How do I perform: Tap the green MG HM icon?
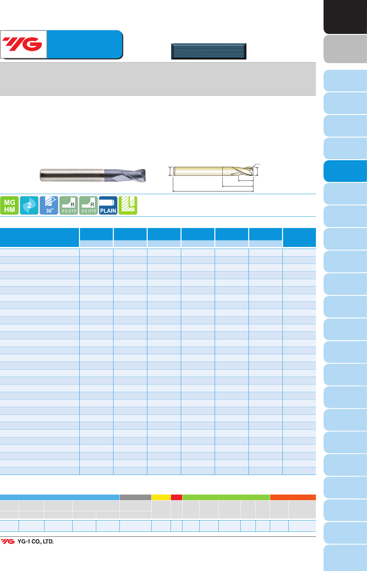coord(10,205)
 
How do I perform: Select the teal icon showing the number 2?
coord(29,205)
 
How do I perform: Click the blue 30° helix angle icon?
coord(49,205)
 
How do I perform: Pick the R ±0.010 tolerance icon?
coord(69,205)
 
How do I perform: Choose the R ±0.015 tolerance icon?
coord(88,205)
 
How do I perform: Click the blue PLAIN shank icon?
coord(108,205)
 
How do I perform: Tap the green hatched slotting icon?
coord(128,205)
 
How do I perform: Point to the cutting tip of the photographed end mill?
coord(145,175)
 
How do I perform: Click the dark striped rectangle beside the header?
coord(209,51)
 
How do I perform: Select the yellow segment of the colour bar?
coord(161,497)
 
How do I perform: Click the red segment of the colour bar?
coord(177,497)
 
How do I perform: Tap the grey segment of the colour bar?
coord(135,497)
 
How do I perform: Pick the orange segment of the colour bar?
coord(293,497)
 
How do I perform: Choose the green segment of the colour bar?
coord(226,497)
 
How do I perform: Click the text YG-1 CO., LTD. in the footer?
coord(36,541)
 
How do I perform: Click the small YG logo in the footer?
coord(8,541)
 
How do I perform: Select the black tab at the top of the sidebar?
coord(345,17)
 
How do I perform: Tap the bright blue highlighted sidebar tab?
coord(345,171)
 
